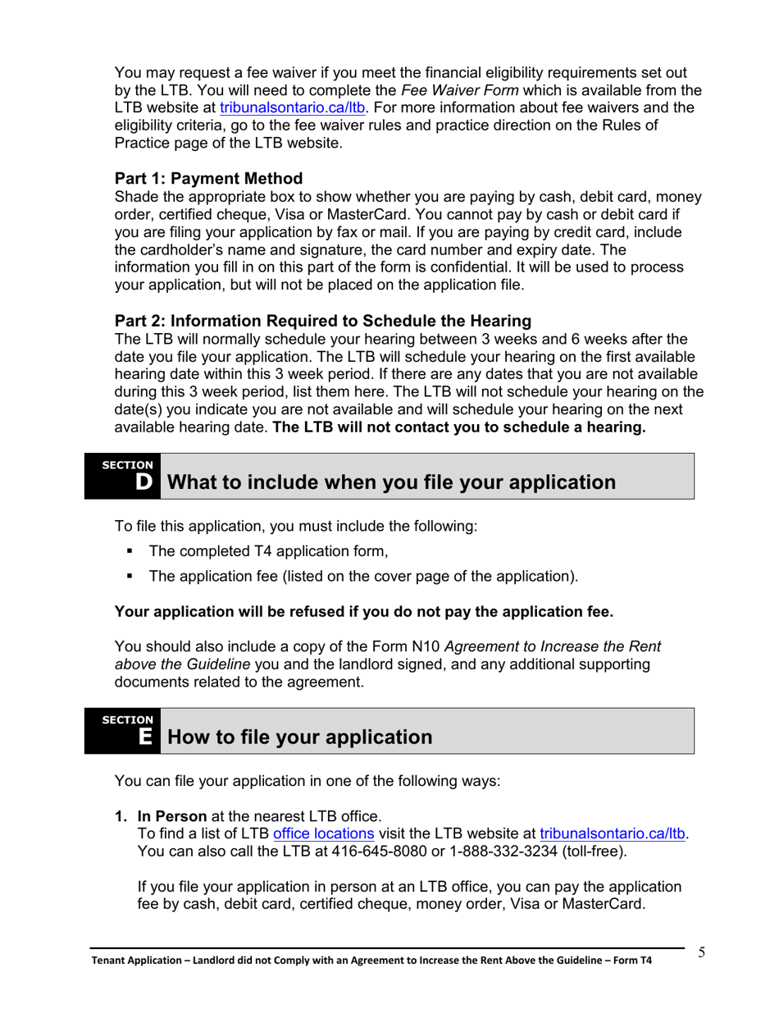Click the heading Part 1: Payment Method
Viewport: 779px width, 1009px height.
click(x=208, y=179)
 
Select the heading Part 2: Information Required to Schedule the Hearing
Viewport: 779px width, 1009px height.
click(x=322, y=321)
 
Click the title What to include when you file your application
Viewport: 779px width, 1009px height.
click(x=391, y=482)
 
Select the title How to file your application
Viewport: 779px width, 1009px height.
click(x=299, y=737)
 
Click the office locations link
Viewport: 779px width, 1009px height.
click(x=323, y=834)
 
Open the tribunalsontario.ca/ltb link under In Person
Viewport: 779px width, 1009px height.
click(x=613, y=834)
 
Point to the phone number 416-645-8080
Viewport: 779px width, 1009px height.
click(x=380, y=851)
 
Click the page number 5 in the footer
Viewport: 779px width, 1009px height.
click(x=702, y=952)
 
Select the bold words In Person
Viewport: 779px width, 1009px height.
click(x=171, y=817)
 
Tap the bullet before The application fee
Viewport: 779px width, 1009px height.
click(x=130, y=577)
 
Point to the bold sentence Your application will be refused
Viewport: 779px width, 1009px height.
click(x=363, y=612)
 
